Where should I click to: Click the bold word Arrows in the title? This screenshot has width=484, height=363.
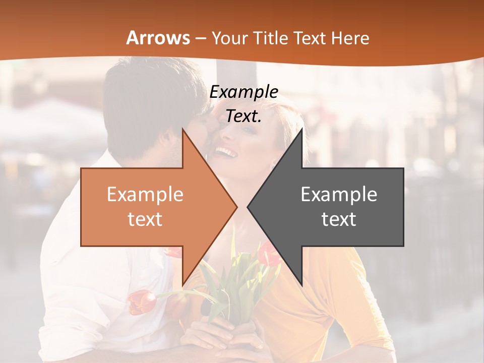(x=158, y=38)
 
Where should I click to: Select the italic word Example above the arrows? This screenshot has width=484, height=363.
(x=244, y=92)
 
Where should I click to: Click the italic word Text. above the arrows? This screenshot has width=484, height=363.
(x=244, y=116)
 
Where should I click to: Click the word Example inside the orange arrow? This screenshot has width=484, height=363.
(x=145, y=194)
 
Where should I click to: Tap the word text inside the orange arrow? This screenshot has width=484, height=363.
(x=145, y=219)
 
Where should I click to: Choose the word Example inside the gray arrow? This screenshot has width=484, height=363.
(x=339, y=194)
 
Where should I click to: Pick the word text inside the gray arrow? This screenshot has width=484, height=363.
(x=339, y=219)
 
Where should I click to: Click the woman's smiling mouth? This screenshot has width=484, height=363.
(x=226, y=151)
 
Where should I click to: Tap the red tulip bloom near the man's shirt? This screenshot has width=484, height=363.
(x=142, y=301)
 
